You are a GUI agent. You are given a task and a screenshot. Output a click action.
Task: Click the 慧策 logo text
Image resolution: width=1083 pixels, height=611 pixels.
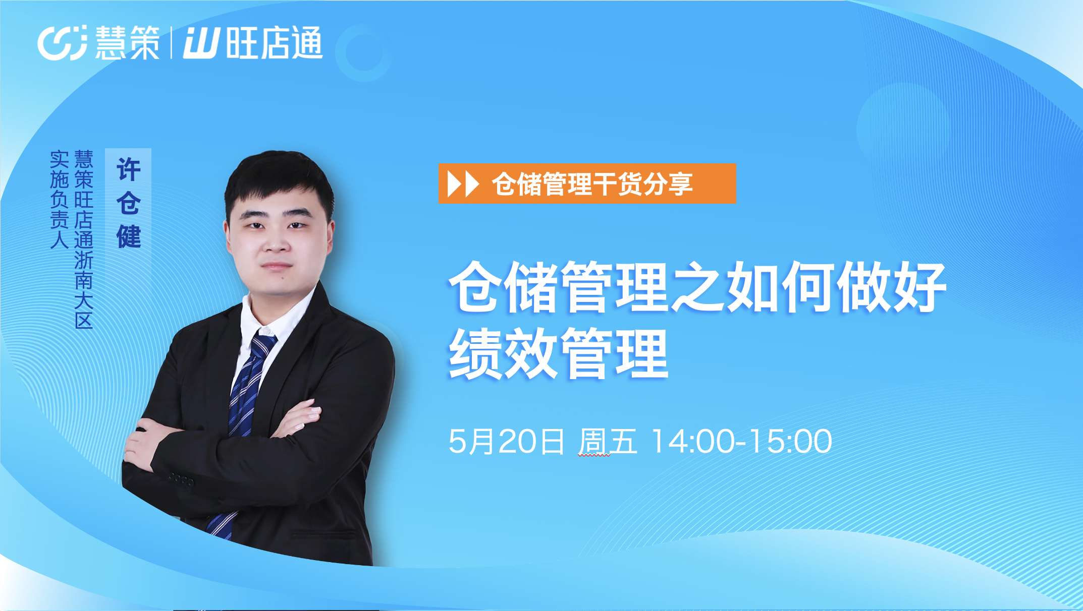click(x=127, y=43)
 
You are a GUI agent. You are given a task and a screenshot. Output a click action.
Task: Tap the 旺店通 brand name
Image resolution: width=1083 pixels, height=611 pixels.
click(x=274, y=43)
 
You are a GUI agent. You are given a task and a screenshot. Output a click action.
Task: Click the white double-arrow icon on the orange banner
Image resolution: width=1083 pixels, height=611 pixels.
click(x=463, y=184)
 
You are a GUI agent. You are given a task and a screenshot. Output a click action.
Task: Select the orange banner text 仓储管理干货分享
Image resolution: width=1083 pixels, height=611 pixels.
click(x=592, y=184)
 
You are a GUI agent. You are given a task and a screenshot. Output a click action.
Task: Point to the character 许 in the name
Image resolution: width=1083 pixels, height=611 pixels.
click(x=128, y=169)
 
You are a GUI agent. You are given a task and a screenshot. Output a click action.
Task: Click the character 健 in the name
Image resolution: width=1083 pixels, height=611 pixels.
click(x=128, y=236)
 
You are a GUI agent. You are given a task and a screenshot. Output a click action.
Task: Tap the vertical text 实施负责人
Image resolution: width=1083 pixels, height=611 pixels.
click(x=59, y=200)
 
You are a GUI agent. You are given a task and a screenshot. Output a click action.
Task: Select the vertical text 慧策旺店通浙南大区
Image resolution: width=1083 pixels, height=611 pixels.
click(x=84, y=239)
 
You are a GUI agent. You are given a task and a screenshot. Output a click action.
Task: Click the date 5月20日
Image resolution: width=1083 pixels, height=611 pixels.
click(x=506, y=442)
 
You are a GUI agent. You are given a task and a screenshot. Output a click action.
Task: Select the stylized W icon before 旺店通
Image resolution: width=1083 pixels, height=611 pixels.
click(x=201, y=43)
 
